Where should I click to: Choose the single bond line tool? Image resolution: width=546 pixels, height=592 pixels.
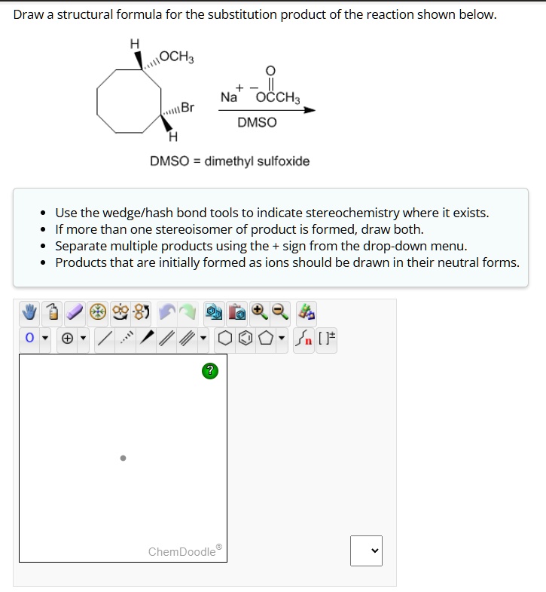(x=106, y=337)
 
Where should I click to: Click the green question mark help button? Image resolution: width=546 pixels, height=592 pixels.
(x=212, y=370)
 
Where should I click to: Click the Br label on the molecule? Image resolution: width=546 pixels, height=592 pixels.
(x=187, y=108)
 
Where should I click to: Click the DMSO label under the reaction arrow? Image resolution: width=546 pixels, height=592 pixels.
(x=257, y=122)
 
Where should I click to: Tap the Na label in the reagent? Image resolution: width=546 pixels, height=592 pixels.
(x=229, y=97)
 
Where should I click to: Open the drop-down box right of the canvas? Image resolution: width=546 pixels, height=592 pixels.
(x=366, y=551)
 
